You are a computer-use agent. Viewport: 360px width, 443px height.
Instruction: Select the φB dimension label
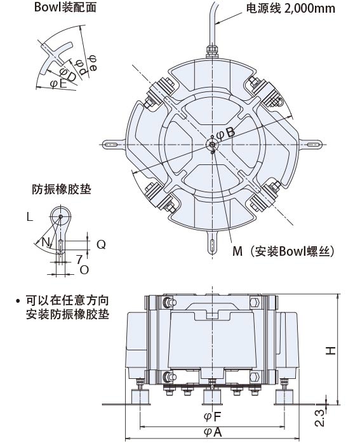(x=225, y=133)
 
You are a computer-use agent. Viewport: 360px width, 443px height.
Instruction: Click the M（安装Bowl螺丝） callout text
(x=283, y=251)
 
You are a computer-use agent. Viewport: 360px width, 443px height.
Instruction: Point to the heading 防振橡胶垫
(x=60, y=189)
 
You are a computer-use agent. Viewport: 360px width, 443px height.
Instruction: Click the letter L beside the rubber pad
(x=29, y=217)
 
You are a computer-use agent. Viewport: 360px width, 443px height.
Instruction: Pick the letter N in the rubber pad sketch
(x=44, y=242)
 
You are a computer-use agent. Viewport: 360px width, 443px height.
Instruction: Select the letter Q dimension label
(x=100, y=244)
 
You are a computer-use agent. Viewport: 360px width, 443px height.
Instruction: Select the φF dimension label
(x=212, y=417)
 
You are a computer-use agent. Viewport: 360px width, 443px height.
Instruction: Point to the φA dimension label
(x=212, y=432)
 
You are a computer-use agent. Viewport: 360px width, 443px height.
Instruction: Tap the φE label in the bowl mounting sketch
(x=58, y=83)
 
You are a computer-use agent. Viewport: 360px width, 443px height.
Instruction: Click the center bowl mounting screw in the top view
(x=213, y=145)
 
